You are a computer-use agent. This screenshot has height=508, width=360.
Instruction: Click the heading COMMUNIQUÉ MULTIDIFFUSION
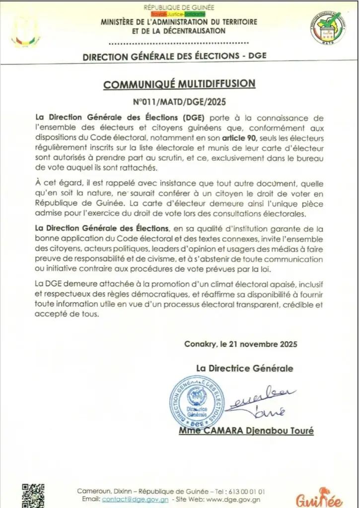tap(179, 84)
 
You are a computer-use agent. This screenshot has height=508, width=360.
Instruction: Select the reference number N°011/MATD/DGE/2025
tap(180, 103)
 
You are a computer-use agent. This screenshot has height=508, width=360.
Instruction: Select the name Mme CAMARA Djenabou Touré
tap(246, 431)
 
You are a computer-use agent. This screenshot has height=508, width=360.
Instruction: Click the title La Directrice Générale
tap(244, 368)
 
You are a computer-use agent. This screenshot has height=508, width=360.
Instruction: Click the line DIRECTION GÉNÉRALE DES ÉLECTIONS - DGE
tap(175, 56)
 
